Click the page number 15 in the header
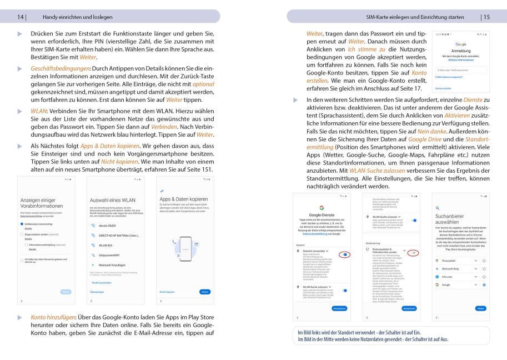486,17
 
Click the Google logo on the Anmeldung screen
460,43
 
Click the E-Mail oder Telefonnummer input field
460,70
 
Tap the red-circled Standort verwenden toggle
345,254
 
